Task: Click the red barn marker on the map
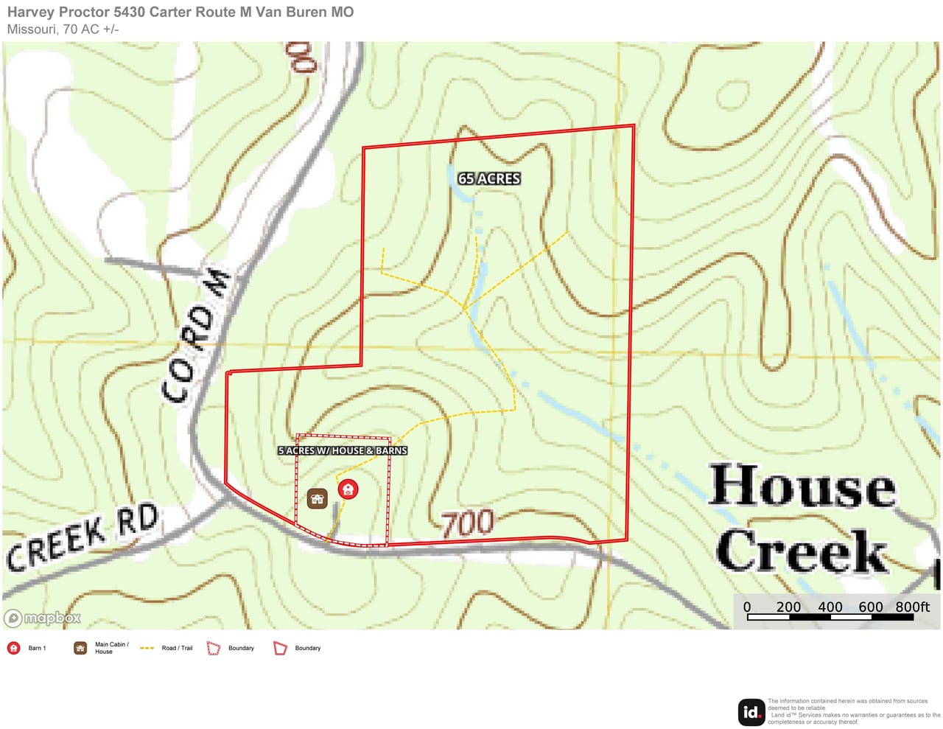348,489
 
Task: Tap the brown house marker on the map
318,499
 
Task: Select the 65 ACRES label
489,178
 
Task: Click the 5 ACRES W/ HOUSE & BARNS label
343,450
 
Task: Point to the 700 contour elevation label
468,523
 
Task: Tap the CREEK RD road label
83,537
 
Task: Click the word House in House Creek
802,486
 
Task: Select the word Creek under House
802,551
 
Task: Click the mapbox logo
43,618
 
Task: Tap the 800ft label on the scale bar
913,607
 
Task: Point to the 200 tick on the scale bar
788,607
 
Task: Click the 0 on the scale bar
747,607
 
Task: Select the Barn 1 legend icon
13,648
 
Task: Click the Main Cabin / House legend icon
80,648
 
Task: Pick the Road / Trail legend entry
166,648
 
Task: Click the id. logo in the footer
751,712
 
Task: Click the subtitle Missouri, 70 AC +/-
63,29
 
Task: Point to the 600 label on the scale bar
870,607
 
